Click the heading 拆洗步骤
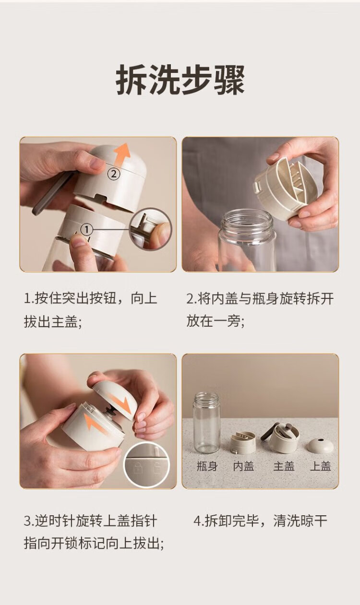coord(180,80)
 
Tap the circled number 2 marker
coord(113,174)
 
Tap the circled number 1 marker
coord(86,230)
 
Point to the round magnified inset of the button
coord(150,229)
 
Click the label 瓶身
coord(207,466)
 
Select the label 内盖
coord(243,466)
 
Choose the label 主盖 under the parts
coord(284,466)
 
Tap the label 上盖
coord(320,466)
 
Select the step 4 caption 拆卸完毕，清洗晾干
coord(260,521)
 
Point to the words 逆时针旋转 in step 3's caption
coord(69,521)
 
